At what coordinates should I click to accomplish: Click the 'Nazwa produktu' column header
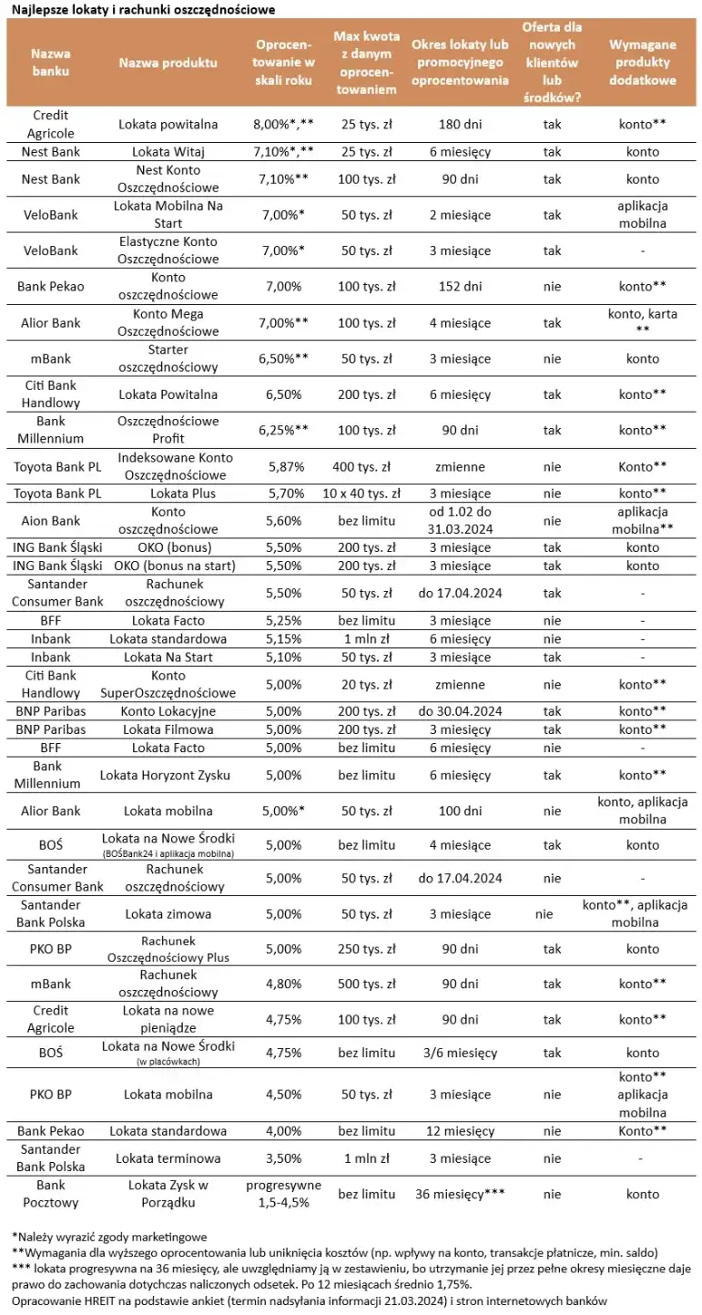(168, 63)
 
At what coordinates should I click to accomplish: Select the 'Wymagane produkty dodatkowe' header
(643, 63)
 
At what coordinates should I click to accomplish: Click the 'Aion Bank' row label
(51, 521)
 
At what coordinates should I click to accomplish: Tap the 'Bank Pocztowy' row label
(51, 1194)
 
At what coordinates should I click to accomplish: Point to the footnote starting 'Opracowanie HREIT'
(310, 1300)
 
